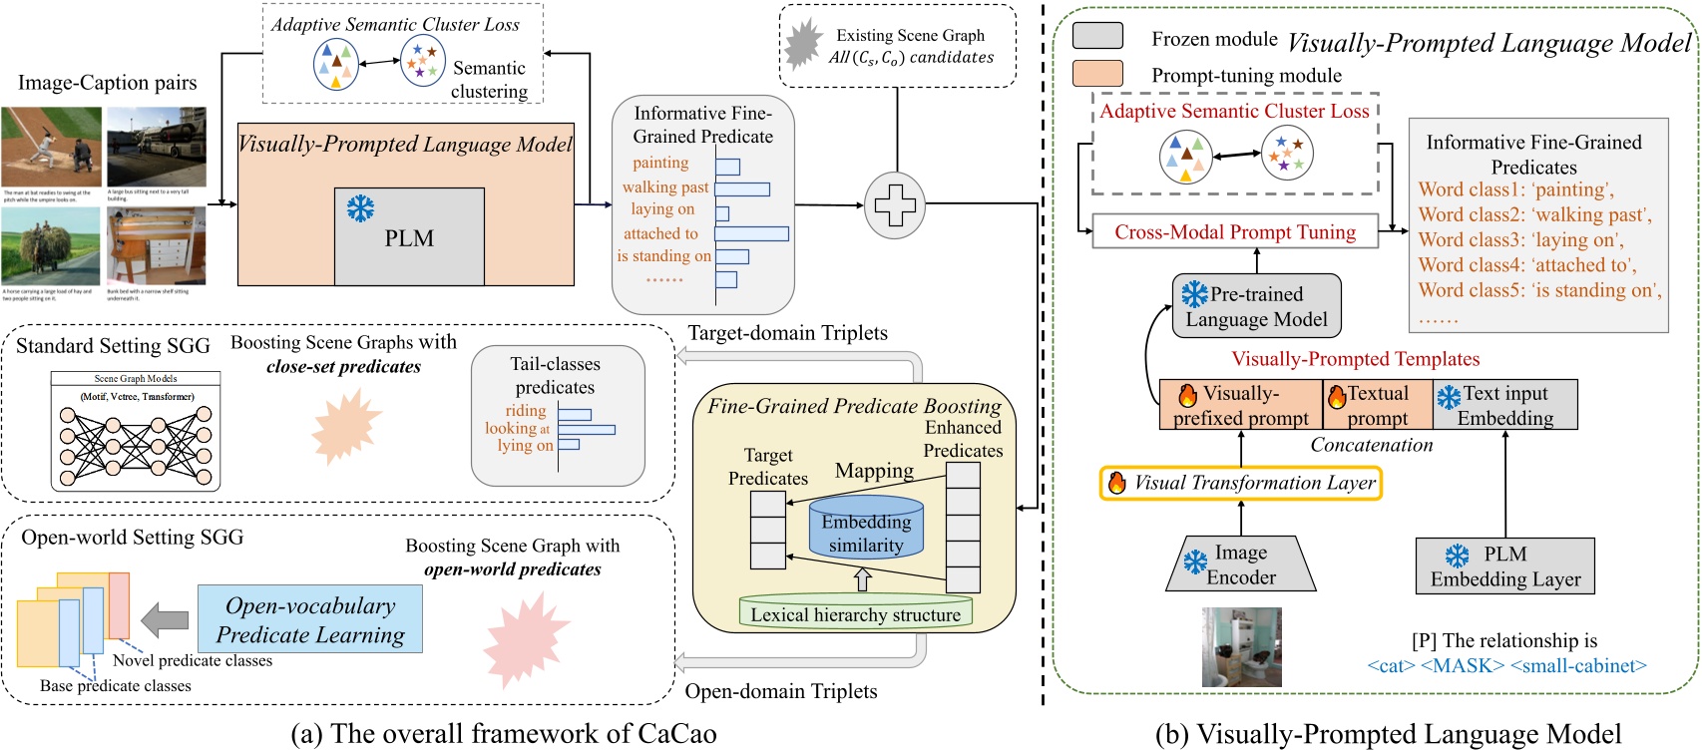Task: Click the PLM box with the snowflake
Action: (x=409, y=236)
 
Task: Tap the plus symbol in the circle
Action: (x=895, y=205)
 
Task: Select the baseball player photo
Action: (x=51, y=147)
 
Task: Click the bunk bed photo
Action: (x=157, y=246)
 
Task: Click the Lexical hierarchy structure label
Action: (x=855, y=614)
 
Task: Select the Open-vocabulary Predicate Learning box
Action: (x=310, y=619)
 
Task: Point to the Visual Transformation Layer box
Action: (x=1241, y=483)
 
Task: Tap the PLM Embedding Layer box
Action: (x=1504, y=566)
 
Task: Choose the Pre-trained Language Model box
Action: (x=1256, y=306)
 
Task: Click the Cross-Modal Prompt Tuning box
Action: (x=1235, y=232)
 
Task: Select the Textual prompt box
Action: (x=1377, y=405)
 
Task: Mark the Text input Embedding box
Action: (x=1504, y=405)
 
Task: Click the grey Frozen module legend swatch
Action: (x=1097, y=37)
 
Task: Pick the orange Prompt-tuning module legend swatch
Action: (x=1097, y=74)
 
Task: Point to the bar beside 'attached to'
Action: (x=751, y=233)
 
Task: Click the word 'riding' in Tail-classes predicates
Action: (x=525, y=411)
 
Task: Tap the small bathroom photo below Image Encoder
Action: (x=1241, y=646)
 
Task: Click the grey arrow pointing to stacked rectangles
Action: (x=165, y=620)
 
